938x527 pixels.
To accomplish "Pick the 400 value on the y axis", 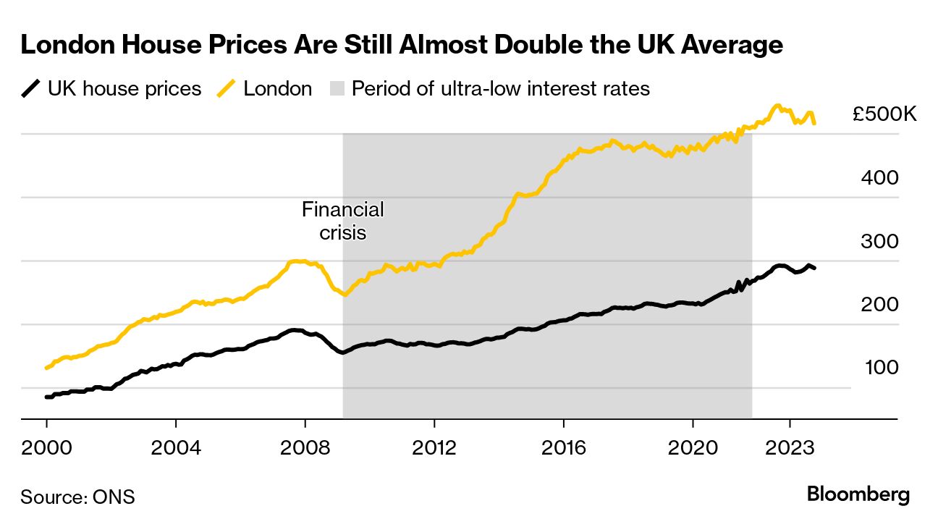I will (879, 178).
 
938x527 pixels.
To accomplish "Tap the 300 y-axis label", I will (879, 242).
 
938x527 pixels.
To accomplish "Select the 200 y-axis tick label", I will (879, 305).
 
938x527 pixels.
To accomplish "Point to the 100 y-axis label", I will (881, 368).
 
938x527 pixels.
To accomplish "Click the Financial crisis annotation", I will (342, 222).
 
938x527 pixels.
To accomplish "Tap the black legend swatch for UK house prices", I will (30, 89).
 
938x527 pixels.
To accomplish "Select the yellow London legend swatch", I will (227, 89).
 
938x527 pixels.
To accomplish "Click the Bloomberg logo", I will (858, 495).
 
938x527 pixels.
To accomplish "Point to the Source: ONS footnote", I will (77, 497).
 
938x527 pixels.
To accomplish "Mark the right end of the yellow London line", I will (815, 123).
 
